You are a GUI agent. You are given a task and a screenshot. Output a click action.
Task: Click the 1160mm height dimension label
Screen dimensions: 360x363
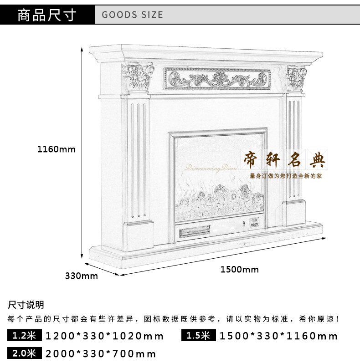[56, 149]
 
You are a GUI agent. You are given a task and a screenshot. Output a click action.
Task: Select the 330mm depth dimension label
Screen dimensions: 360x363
[81, 276]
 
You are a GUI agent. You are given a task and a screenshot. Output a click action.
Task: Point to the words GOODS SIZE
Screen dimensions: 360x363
[132, 15]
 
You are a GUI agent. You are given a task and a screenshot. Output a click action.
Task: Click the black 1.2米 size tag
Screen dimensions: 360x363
[24, 336]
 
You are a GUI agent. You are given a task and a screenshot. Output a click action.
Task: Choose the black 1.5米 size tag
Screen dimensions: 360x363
[198, 336]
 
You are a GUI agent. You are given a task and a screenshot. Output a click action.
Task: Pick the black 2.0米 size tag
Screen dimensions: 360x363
[24, 353]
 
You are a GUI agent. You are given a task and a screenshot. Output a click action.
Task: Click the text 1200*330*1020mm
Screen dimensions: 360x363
[104, 337]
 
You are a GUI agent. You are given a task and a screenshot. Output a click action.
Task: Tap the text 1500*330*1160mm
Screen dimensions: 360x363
[279, 337]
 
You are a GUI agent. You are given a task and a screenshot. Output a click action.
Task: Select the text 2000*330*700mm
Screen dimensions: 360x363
[101, 353]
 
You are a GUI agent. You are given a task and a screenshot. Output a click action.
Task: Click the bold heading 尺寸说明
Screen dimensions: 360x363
[26, 305]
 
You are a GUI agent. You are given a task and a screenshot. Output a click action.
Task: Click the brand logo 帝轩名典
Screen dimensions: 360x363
[286, 161]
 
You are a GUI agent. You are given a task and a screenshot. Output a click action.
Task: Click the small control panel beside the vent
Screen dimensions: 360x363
[252, 223]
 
